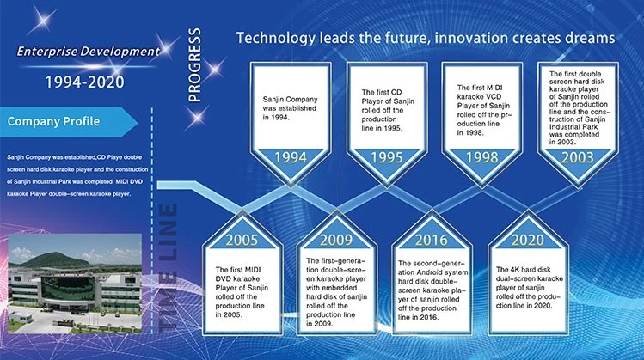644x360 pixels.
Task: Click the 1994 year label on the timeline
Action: coord(291,157)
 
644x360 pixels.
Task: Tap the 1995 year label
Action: coord(387,157)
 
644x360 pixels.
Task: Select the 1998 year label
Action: coord(482,157)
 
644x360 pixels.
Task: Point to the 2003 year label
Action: coord(578,157)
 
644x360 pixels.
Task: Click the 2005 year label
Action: coord(242,240)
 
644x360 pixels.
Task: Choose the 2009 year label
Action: coord(336,240)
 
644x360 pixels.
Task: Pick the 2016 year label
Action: coord(432,240)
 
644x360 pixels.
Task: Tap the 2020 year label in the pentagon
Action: coord(528,240)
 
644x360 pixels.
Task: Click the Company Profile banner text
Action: coord(53,121)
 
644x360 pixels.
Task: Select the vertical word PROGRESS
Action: coord(194,64)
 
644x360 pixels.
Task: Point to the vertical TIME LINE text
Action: coord(168,267)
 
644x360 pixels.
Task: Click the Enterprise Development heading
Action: coord(89,52)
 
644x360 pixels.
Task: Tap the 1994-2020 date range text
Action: coord(84,82)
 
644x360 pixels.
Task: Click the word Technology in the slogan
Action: coord(276,38)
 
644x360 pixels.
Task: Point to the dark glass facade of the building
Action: coord(68,288)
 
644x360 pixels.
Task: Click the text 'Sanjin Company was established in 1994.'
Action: coord(290,108)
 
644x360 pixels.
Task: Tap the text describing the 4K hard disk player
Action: coord(529,287)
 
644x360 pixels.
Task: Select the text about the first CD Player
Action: coord(388,110)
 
